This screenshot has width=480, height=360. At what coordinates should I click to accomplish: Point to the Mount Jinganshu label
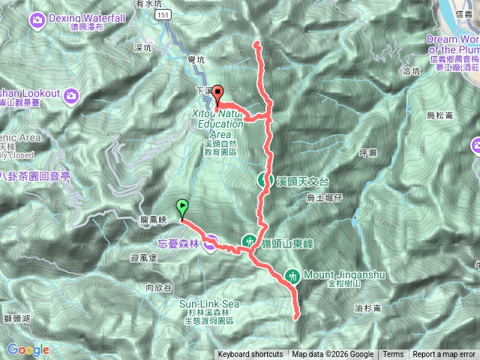[x=344, y=276]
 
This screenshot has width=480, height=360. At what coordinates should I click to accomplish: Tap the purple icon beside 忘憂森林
[x=212, y=242]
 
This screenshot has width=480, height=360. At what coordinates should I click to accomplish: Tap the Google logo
[x=28, y=349]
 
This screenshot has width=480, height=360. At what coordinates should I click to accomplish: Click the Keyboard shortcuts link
[x=250, y=355]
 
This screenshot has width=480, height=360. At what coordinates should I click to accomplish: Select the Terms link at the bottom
[x=392, y=355]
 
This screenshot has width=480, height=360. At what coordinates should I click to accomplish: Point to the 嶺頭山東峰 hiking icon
[x=249, y=241]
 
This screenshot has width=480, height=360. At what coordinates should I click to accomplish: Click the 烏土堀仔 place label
[x=324, y=197]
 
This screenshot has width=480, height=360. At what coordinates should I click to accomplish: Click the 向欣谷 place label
[x=159, y=286]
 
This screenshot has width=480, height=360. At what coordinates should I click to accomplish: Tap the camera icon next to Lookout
[x=71, y=94]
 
